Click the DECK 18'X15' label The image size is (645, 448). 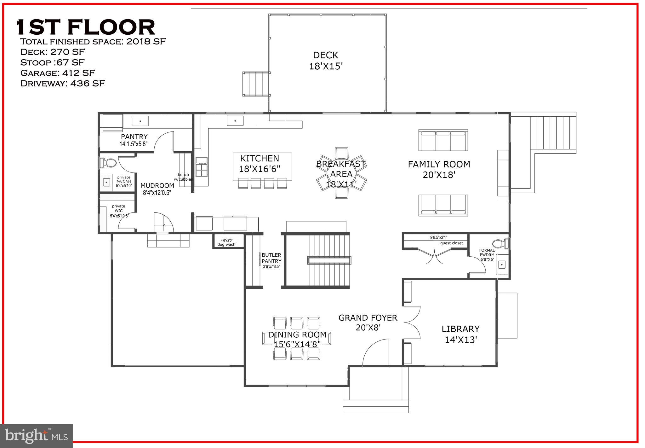click(325, 61)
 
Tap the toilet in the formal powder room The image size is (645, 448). click(500, 243)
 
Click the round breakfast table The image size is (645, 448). click(341, 173)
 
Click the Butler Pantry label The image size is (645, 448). click(271, 258)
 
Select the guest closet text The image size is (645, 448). click(451, 243)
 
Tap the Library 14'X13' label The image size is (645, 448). click(460, 334)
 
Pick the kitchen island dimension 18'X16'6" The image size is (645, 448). click(259, 169)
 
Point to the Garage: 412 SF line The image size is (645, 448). click(57, 73)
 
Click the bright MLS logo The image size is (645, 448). click(37, 436)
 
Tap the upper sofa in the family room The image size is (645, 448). click(443, 140)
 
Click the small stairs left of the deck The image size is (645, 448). click(256, 84)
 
